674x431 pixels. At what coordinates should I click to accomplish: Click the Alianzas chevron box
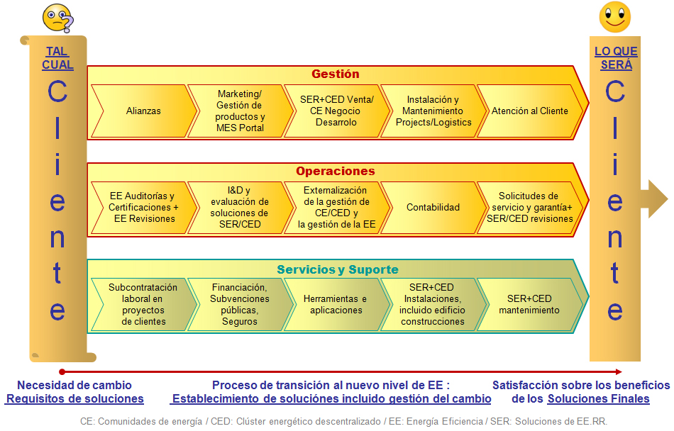[143, 111]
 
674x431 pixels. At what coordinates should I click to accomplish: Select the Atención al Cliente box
[530, 111]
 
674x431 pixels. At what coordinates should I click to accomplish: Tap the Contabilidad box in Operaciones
[433, 208]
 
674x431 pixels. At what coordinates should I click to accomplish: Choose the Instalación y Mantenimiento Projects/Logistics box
[433, 111]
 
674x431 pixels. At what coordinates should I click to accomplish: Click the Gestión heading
[336, 74]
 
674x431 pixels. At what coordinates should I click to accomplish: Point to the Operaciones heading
[336, 172]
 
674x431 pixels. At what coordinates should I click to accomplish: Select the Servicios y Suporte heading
[338, 269]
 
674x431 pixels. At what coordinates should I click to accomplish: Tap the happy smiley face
[614, 17]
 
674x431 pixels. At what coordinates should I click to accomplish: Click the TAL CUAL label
[58, 58]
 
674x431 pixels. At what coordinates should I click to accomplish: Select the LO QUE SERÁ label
[616, 58]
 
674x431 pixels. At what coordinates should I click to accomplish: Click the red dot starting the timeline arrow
[62, 371]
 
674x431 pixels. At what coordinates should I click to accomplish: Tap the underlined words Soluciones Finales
[599, 398]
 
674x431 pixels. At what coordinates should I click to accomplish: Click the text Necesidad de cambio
[74, 385]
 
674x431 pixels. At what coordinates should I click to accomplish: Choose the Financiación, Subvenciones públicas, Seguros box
[240, 305]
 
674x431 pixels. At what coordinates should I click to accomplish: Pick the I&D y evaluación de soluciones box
[240, 208]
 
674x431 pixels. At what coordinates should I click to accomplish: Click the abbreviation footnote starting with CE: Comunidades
[343, 420]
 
